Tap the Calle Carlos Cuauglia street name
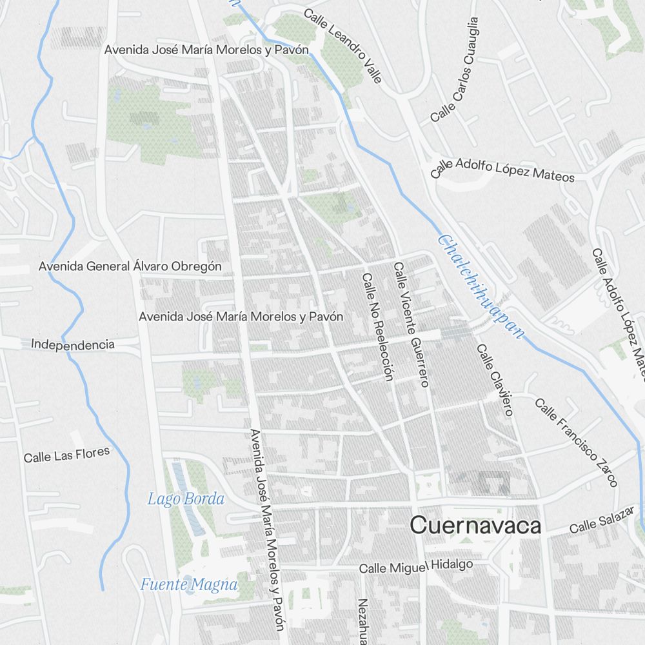(x=455, y=70)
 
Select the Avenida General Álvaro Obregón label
(x=130, y=266)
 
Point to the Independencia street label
(x=73, y=344)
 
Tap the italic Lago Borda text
(x=186, y=499)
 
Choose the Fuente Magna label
(x=189, y=585)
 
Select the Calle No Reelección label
(x=377, y=327)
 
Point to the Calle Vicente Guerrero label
(x=411, y=324)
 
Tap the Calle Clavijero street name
(x=495, y=379)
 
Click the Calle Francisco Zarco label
(x=576, y=442)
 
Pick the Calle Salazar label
(x=598, y=523)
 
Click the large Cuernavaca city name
(x=476, y=526)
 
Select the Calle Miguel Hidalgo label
(x=415, y=567)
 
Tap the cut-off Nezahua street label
(x=362, y=622)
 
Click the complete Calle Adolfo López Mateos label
(x=502, y=170)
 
